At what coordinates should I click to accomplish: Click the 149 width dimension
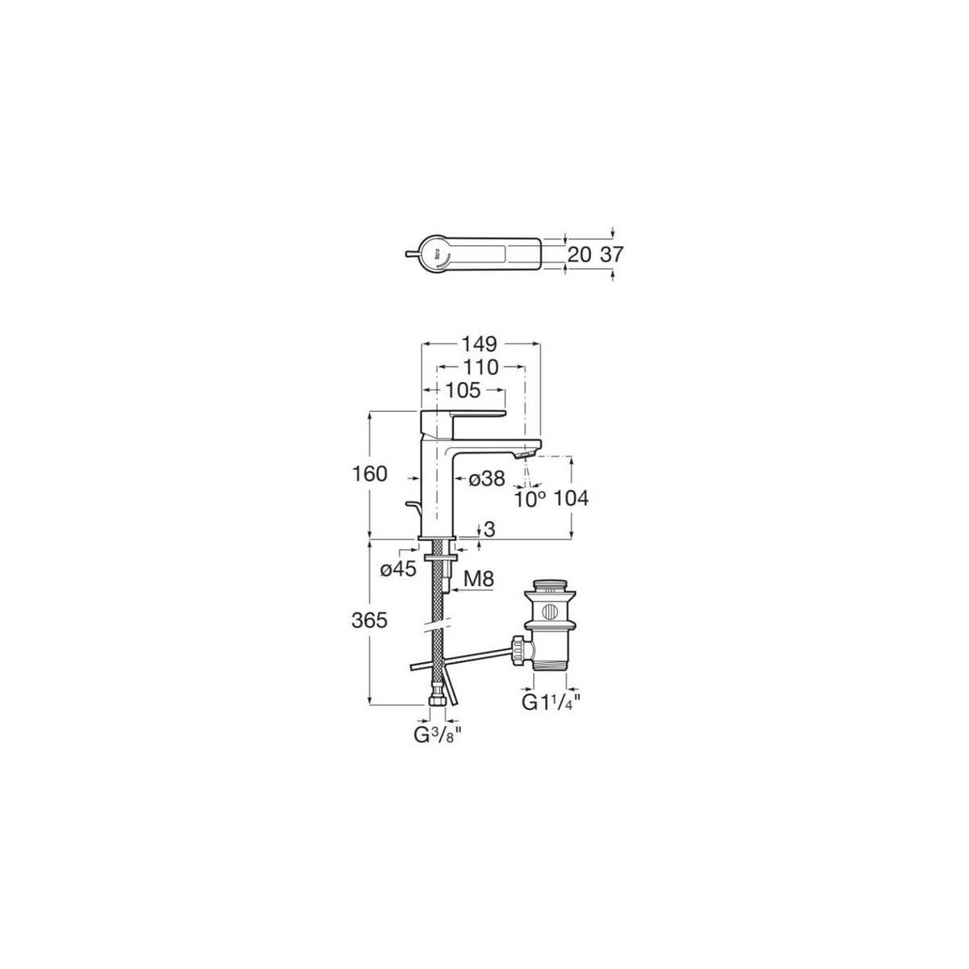[x=480, y=345]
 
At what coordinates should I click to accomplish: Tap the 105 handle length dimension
[x=464, y=390]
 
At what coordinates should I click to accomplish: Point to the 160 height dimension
[x=370, y=474]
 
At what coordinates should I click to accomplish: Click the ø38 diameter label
[x=487, y=478]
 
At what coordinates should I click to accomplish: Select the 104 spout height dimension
[x=571, y=499]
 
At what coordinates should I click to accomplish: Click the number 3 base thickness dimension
[x=490, y=529]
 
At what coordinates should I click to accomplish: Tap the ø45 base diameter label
[x=399, y=569]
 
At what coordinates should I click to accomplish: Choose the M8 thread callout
[x=478, y=579]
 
